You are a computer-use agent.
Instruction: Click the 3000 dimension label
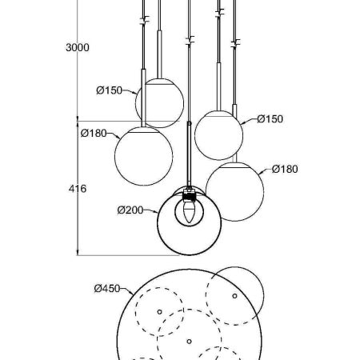[78, 47]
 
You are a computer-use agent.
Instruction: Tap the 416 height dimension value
[78, 189]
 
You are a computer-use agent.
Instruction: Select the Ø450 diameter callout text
[107, 288]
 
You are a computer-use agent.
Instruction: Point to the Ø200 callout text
[130, 210]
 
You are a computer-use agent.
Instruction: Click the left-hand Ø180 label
[94, 133]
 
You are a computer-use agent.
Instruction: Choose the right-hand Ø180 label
[285, 169]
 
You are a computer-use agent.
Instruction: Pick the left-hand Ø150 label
[110, 90]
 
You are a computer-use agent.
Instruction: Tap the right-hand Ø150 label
[270, 119]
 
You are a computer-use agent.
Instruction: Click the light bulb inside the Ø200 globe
[189, 212]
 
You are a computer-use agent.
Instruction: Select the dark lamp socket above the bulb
[190, 195]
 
